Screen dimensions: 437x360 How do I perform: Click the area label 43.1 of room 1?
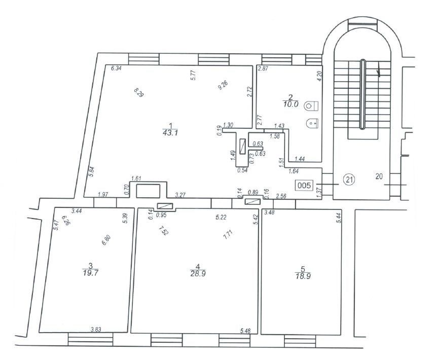pyautogui.click(x=170, y=133)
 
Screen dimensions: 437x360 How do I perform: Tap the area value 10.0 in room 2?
pyautogui.click(x=290, y=104)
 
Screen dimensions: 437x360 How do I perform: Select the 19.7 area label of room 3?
pyautogui.click(x=91, y=273)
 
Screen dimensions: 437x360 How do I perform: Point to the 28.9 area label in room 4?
pyautogui.click(x=198, y=274)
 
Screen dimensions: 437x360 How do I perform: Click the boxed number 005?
pyautogui.click(x=304, y=185)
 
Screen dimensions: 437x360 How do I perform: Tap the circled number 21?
pyautogui.click(x=349, y=179)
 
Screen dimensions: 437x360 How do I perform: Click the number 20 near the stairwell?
pyautogui.click(x=379, y=176)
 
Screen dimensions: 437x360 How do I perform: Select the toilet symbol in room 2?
pyautogui.click(x=311, y=106)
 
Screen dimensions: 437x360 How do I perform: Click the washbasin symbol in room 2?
pyautogui.click(x=312, y=123)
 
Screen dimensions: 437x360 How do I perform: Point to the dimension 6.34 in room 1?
pyautogui.click(x=116, y=68)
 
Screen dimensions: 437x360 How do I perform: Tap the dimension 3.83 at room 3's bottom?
pyautogui.click(x=96, y=330)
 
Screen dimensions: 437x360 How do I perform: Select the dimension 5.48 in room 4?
pyautogui.click(x=245, y=331)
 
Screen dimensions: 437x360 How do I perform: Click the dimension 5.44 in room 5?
pyautogui.click(x=339, y=218)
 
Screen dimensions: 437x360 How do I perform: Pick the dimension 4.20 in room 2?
pyautogui.click(x=320, y=77)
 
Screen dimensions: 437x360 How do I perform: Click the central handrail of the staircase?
pyautogui.click(x=362, y=94)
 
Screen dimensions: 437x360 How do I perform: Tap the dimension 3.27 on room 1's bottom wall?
pyautogui.click(x=180, y=195)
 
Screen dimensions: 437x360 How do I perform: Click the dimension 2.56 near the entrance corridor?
pyautogui.click(x=281, y=196)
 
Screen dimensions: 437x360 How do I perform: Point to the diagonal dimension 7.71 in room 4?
pyautogui.click(x=228, y=234)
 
